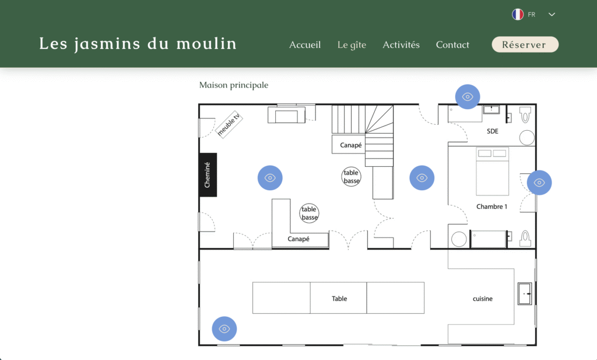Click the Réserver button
click(525, 44)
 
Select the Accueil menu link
click(305, 45)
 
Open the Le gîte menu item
click(352, 45)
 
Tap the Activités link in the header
click(401, 45)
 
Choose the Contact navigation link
click(452, 45)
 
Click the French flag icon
click(518, 15)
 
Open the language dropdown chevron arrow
click(552, 15)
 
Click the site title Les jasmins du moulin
click(138, 44)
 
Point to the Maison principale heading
click(234, 85)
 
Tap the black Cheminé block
click(208, 175)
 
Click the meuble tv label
click(229, 124)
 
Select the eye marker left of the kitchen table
click(224, 328)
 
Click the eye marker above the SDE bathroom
click(468, 97)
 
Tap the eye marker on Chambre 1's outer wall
click(539, 183)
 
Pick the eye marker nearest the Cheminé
click(270, 178)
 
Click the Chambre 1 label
click(492, 207)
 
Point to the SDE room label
click(492, 131)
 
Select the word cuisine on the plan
click(483, 299)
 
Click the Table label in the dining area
click(339, 299)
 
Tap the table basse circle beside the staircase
click(351, 177)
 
